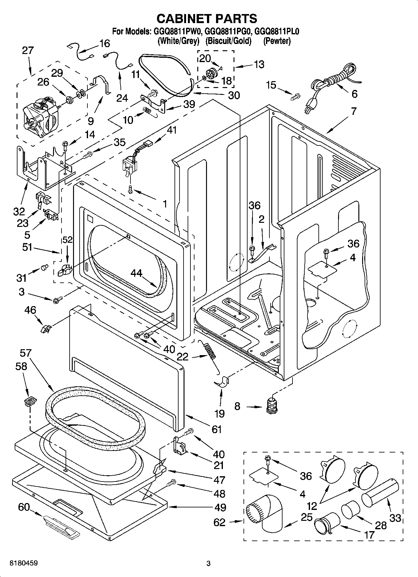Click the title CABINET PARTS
pyautogui.click(x=207, y=19)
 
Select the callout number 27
pyautogui.click(x=28, y=50)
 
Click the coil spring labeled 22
pyautogui.click(x=211, y=352)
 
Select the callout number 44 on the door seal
pyautogui.click(x=136, y=274)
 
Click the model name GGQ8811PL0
pyautogui.click(x=277, y=32)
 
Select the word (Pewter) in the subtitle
pyautogui.click(x=277, y=41)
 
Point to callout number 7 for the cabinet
pyautogui.click(x=353, y=111)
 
